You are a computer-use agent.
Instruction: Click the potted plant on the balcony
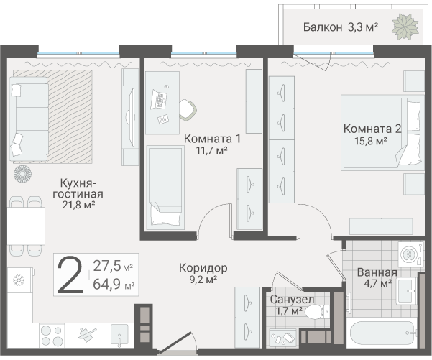click(x=405, y=27)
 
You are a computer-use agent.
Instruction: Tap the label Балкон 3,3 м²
click(x=341, y=27)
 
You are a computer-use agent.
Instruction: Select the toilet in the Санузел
click(x=317, y=312)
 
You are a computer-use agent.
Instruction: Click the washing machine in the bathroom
click(x=410, y=254)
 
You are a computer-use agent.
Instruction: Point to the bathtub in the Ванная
click(x=382, y=333)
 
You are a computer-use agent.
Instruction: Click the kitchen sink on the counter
click(x=119, y=336)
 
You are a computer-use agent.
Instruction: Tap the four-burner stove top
click(x=52, y=336)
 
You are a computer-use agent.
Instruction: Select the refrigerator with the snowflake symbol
click(x=20, y=280)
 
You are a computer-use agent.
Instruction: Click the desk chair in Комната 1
click(x=188, y=109)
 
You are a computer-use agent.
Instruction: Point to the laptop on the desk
click(x=158, y=99)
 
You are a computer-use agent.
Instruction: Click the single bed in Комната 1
click(x=165, y=188)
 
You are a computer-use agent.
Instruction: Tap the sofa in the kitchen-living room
click(x=28, y=119)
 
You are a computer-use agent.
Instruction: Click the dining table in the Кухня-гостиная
click(x=26, y=226)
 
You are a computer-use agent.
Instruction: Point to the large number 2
click(x=70, y=274)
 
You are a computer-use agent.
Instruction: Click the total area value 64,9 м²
click(x=114, y=284)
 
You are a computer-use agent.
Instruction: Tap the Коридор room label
click(x=203, y=268)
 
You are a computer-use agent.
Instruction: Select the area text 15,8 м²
click(x=371, y=141)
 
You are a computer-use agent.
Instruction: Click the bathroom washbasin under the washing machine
click(x=406, y=290)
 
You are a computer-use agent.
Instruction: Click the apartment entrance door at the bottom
click(x=175, y=342)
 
